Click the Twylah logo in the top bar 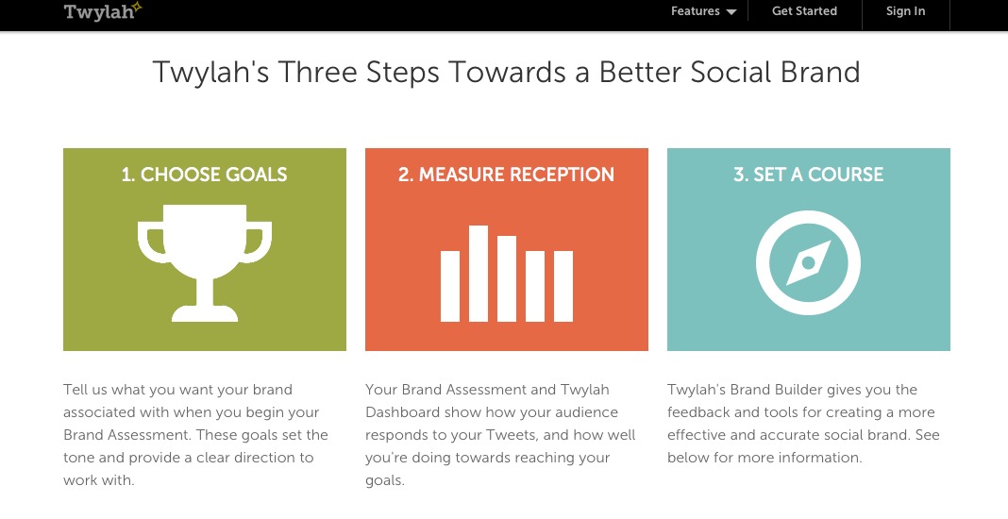point(102,11)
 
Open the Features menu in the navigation point(695,11)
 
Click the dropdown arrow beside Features point(731,12)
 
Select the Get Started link point(804,11)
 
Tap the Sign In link point(905,11)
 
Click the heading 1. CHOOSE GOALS point(205,175)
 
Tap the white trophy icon point(205,262)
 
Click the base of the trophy point(205,313)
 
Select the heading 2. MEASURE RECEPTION point(507,175)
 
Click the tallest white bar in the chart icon point(479,274)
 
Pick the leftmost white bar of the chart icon point(450,286)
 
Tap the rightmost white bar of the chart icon point(563,286)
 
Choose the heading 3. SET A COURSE point(809,175)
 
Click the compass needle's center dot point(809,262)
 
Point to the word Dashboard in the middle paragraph point(402,412)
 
